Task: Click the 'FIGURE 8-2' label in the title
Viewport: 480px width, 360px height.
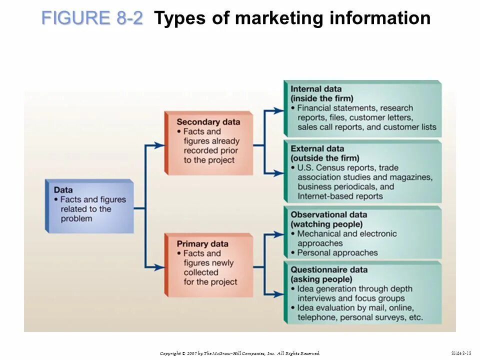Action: tap(92, 18)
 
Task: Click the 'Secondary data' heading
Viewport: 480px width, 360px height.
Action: tap(208, 122)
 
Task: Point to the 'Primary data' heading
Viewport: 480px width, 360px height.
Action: tap(202, 244)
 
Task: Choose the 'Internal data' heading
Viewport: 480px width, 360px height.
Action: tap(316, 89)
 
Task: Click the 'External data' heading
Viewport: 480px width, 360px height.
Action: tap(317, 148)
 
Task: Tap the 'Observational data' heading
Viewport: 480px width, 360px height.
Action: tap(329, 214)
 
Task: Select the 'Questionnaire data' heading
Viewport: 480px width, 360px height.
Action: tap(329, 270)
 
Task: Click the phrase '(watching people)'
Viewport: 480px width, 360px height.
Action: tap(326, 224)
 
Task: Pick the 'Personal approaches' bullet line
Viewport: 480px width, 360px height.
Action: tap(337, 252)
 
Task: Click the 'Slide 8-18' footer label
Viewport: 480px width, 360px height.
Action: tap(461, 353)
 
